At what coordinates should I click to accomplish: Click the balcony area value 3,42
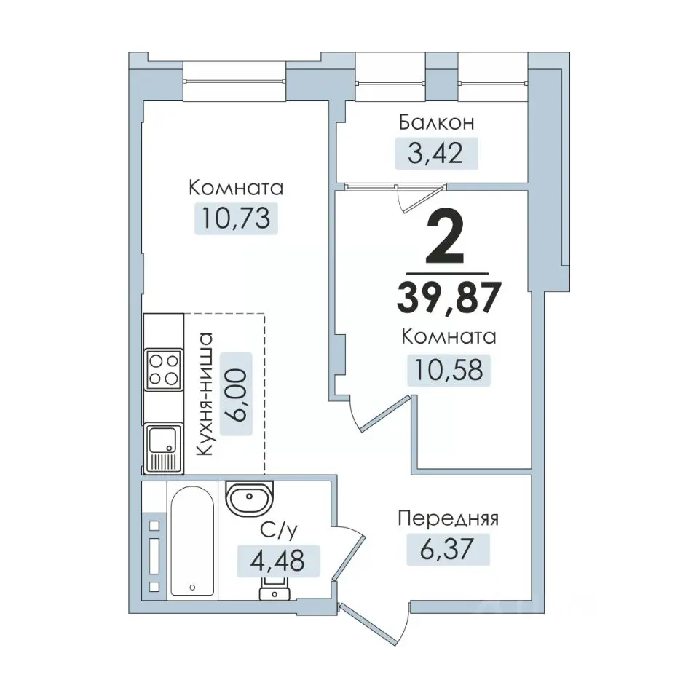[435, 154]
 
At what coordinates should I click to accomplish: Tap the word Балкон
[436, 122]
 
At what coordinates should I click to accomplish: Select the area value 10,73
[236, 218]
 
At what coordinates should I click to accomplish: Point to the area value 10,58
[449, 370]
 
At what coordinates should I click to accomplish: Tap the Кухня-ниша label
[205, 394]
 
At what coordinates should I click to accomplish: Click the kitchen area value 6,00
[236, 395]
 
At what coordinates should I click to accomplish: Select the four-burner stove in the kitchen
[164, 370]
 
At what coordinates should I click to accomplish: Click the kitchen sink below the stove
[163, 447]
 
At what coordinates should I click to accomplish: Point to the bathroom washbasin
[249, 497]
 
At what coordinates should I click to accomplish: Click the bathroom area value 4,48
[277, 561]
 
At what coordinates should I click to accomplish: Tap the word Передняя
[448, 518]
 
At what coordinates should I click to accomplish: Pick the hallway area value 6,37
[446, 549]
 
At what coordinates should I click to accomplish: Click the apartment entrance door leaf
[368, 625]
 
